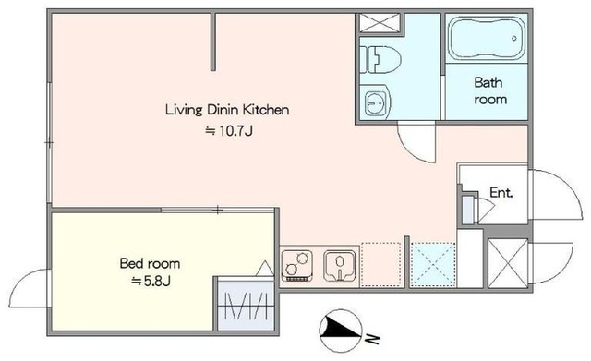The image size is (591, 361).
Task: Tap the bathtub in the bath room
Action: [x=487, y=38]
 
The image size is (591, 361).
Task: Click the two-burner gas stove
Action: [x=297, y=265]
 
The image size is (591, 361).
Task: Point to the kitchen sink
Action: [x=339, y=266]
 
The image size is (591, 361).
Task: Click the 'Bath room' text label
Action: [x=489, y=90]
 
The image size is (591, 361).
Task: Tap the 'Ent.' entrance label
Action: [x=501, y=193]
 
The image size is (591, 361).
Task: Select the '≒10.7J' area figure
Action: [x=228, y=131]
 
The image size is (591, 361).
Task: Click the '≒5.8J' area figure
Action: [x=151, y=281]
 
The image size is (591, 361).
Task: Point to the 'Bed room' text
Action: [x=150, y=263]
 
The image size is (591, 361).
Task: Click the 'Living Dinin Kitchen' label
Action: [x=227, y=110]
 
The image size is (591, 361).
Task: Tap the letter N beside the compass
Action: [x=372, y=339]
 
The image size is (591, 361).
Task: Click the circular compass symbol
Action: [x=341, y=331]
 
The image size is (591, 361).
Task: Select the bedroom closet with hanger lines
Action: [x=246, y=306]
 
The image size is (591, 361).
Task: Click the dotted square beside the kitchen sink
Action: [x=380, y=265]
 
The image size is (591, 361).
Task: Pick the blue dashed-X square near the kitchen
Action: [x=433, y=265]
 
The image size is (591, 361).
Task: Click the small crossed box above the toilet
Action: [x=380, y=23]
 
